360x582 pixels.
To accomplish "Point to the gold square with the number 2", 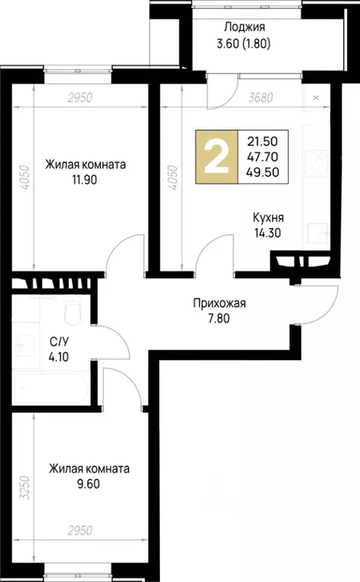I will pyautogui.click(x=217, y=158).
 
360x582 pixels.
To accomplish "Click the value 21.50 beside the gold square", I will pyautogui.click(x=262, y=142).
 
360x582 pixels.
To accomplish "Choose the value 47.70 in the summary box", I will pyautogui.click(x=262, y=158).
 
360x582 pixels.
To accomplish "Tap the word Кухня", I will pyautogui.click(x=268, y=218).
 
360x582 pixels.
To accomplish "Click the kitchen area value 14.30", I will pyautogui.click(x=268, y=233).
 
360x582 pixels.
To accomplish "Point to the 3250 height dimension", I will pyautogui.click(x=25, y=483).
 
